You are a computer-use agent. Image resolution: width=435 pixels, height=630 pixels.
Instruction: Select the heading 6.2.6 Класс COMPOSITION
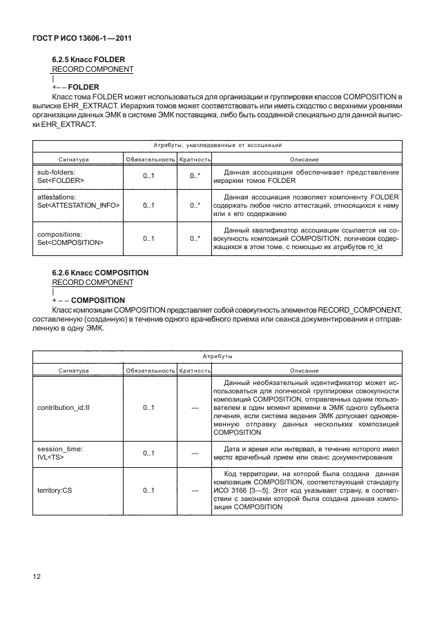click(100, 273)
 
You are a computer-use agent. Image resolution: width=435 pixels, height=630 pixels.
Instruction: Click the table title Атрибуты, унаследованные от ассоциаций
click(217, 146)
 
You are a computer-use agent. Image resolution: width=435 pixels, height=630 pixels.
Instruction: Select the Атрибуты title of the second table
click(217, 357)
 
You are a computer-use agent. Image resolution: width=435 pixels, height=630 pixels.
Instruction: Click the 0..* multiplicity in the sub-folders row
click(195, 176)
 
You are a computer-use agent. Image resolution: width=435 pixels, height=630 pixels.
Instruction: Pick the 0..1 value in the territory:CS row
click(148, 491)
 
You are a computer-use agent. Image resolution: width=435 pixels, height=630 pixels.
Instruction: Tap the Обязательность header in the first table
click(148, 159)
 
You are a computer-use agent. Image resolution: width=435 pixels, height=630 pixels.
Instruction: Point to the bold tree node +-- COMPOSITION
click(88, 300)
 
